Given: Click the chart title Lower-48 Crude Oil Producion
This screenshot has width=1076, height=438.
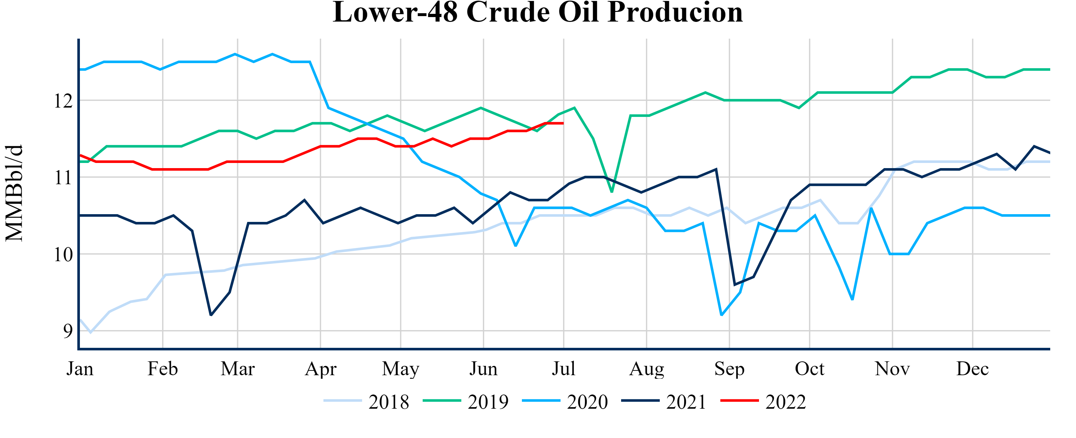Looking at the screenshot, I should pos(538,13).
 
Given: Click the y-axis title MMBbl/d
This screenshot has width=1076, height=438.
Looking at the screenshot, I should pos(14,193).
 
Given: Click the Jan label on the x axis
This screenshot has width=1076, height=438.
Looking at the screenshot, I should pos(80,369).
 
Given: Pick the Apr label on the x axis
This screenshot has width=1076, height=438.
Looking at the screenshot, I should pos(320,369).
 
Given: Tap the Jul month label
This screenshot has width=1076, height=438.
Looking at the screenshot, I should pos(563,369).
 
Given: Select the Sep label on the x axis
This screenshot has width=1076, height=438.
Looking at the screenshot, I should pos(729,369).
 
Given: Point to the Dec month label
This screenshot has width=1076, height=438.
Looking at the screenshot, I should pos(972,369).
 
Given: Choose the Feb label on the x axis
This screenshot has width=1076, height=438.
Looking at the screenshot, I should pos(162,369).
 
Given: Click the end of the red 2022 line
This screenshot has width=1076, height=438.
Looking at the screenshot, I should pos(563,123).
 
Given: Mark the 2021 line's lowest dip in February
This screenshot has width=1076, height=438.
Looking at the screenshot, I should pos(211,315).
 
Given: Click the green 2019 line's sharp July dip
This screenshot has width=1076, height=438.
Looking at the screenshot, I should pos(612,192).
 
